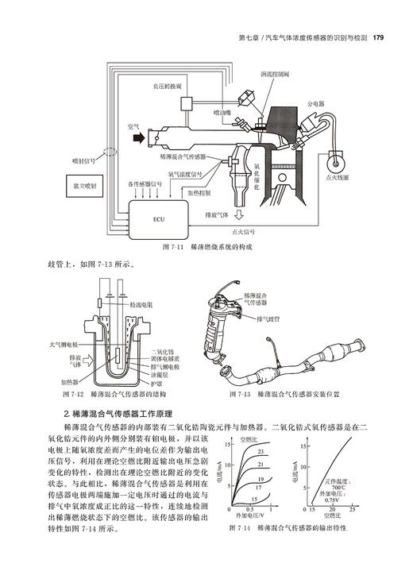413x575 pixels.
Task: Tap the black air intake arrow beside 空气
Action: [140, 137]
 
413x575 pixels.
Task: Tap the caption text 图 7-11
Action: [172, 248]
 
